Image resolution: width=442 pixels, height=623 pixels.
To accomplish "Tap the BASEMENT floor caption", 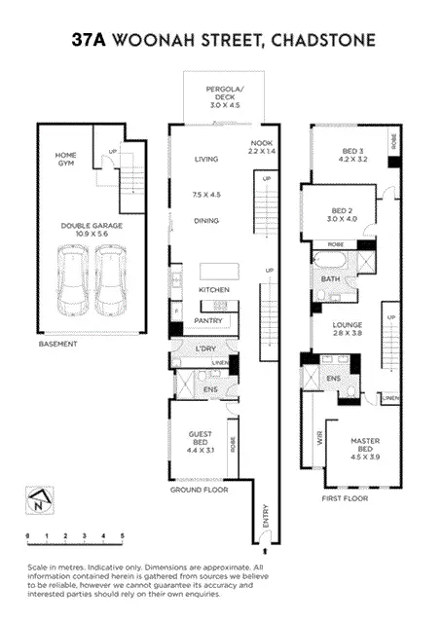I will point(57,345).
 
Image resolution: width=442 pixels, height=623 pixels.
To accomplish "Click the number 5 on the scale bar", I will point(123,536).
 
